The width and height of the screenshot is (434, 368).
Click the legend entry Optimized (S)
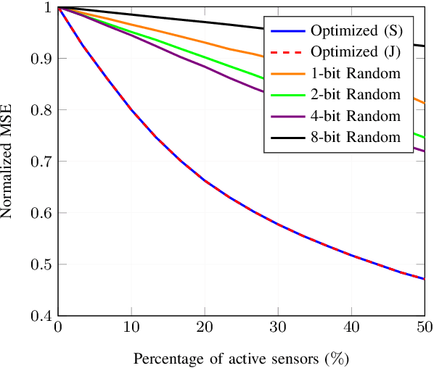351,31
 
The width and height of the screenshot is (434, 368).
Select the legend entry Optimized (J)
351,52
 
